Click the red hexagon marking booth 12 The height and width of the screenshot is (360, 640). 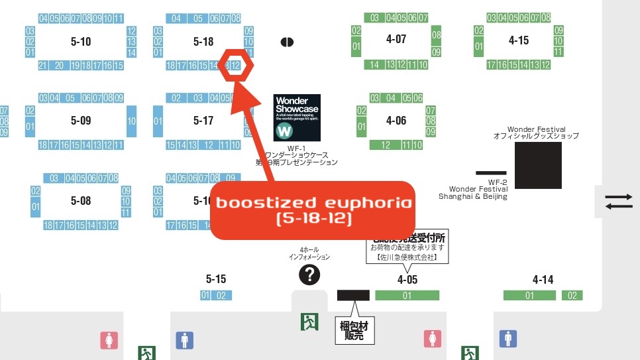(x=236, y=65)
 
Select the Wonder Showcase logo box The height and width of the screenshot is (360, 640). (x=297, y=117)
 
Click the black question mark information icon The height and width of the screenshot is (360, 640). (x=309, y=274)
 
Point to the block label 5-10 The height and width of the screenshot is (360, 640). (x=81, y=42)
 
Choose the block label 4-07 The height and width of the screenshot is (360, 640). (x=396, y=40)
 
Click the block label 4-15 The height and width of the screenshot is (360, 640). (x=519, y=40)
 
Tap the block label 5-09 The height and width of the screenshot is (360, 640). (x=81, y=121)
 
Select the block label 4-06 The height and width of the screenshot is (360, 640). (x=396, y=121)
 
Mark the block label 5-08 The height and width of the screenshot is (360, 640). (x=81, y=200)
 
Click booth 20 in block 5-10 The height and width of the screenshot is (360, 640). (x=59, y=65)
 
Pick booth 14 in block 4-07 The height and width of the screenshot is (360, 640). (x=374, y=65)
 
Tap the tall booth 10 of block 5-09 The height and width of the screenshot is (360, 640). (x=131, y=121)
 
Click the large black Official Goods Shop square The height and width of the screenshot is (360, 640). (x=539, y=165)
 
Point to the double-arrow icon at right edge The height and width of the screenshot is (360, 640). (x=619, y=201)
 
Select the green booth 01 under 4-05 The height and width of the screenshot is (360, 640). (x=407, y=296)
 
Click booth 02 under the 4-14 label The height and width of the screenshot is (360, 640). (x=572, y=296)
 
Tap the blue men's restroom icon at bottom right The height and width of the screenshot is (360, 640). (x=509, y=339)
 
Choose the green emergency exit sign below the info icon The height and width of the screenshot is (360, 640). (x=309, y=322)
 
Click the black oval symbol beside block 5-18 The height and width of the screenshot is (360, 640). (x=287, y=42)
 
